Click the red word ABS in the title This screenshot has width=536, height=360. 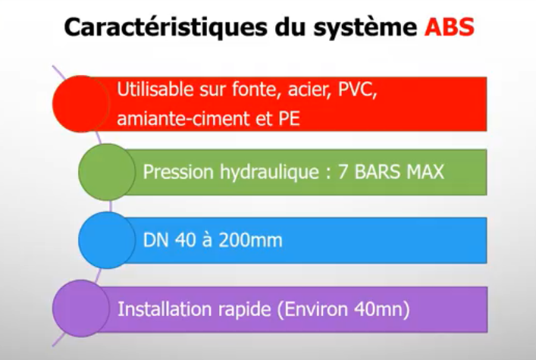tap(449, 27)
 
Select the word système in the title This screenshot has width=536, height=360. tap(365, 28)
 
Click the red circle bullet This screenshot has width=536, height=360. tap(81, 104)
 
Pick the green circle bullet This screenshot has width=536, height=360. tap(107, 172)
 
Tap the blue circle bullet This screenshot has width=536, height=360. tap(107, 240)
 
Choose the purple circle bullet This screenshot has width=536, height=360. tap(81, 308)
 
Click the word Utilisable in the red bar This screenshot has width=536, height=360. tap(155, 89)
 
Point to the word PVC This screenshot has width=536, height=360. tap(357, 90)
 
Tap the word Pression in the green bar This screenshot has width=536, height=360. tap(178, 171)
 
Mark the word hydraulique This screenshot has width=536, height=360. tap(270, 172)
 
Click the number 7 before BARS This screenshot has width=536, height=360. tap(343, 172)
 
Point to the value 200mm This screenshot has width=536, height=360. tap(250, 240)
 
